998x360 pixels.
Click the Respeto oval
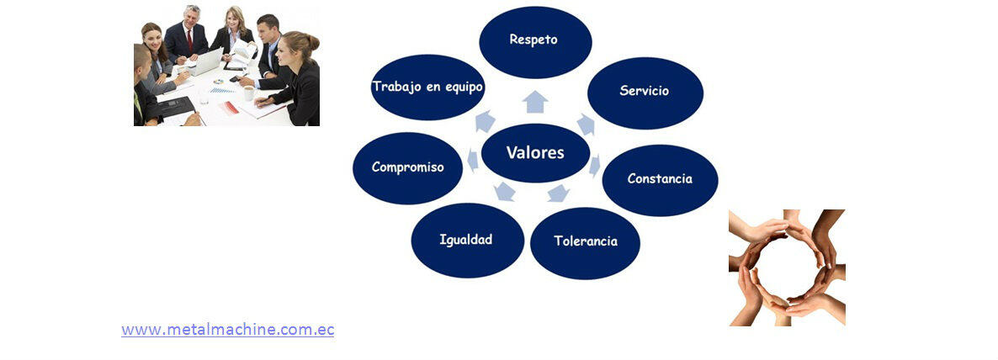tap(535, 42)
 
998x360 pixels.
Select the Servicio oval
tap(645, 93)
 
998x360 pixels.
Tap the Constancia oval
tap(660, 180)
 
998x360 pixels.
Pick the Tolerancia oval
tap(585, 243)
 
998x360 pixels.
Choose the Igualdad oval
tap(468, 241)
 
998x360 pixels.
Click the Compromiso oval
tap(407, 168)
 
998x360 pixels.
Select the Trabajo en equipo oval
tap(427, 87)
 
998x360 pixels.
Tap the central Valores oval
tap(535, 152)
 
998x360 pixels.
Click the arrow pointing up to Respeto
tap(535, 102)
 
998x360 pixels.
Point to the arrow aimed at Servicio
tap(586, 124)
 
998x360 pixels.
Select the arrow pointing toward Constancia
tap(594, 166)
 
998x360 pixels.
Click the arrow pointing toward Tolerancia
tap(558, 193)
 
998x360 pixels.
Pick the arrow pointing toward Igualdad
tap(505, 191)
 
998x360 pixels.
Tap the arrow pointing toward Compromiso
tap(473, 160)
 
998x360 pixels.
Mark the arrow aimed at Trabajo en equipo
tap(485, 121)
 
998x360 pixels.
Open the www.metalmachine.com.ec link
tap(228, 330)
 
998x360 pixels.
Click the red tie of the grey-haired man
tap(189, 40)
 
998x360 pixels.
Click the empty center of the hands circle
tap(788, 267)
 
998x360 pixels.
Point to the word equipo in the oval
tap(462, 87)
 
